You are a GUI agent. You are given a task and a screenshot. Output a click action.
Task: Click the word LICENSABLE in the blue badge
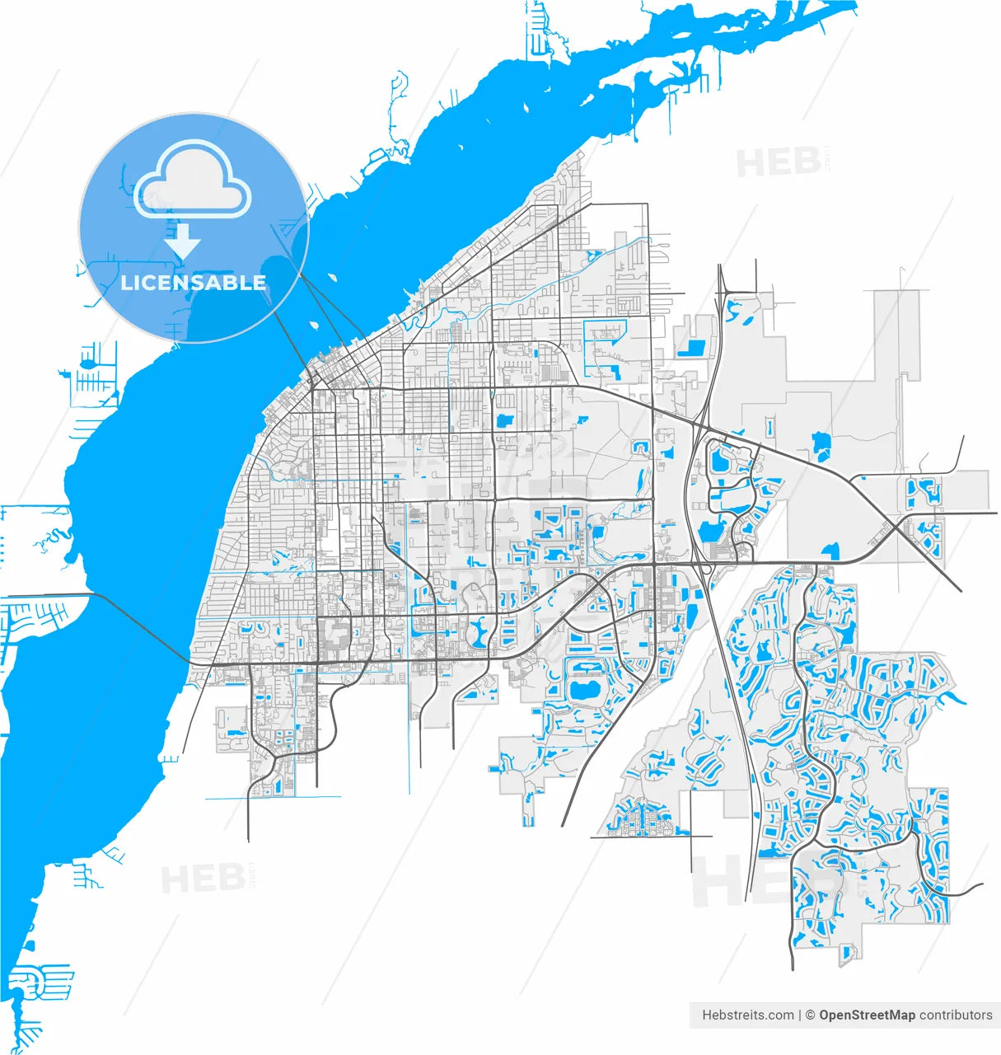coord(194,283)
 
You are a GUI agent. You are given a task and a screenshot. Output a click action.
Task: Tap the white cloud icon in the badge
coord(193,179)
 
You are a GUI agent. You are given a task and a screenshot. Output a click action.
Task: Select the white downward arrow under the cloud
coord(183,241)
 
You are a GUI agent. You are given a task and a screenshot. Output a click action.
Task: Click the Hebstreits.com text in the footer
coord(747,1015)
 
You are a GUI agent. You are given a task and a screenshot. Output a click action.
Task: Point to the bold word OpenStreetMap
coord(867,1015)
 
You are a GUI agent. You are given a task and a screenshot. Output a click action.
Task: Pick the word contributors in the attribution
coord(956,1015)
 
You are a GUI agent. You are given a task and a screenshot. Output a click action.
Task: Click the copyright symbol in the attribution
coord(810,1015)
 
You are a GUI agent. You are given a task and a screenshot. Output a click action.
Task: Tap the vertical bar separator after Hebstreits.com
coord(800,1015)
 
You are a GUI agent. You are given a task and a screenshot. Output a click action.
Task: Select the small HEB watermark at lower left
coord(203,879)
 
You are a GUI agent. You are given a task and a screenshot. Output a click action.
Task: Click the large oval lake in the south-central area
coord(586,691)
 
